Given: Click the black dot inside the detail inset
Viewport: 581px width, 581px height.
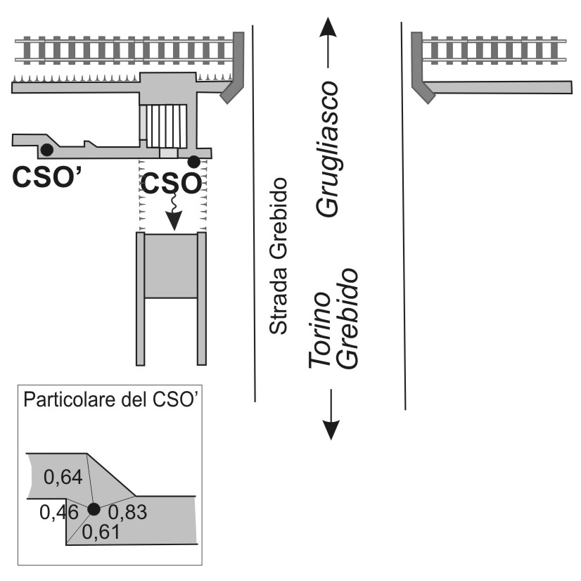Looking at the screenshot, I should (x=94, y=509).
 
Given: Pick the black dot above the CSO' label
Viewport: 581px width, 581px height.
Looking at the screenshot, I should (x=46, y=149).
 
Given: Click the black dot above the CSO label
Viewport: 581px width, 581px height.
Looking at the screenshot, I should (x=193, y=162).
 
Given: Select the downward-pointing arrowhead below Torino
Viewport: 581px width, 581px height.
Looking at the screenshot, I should (x=330, y=430).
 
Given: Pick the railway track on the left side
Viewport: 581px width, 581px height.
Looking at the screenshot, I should (x=124, y=50).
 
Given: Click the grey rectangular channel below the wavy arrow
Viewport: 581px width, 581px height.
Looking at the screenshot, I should (x=171, y=271).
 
